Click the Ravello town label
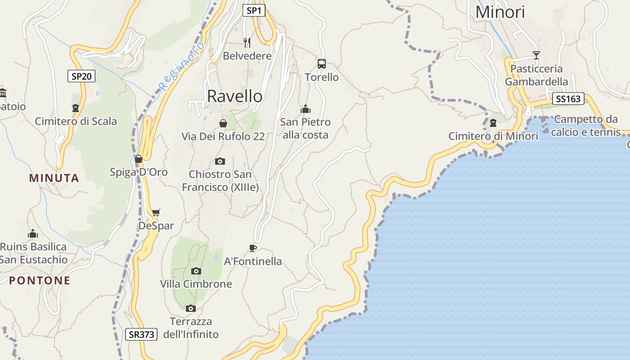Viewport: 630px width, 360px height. [234, 96]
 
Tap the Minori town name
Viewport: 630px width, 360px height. [500, 12]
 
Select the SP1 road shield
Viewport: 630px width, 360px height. [254, 10]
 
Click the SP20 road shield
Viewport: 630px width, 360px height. [81, 76]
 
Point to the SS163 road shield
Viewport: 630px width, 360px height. [568, 99]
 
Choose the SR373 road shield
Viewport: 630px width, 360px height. [141, 334]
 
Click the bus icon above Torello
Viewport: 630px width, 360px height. [321, 64]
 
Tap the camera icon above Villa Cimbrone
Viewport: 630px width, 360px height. [196, 271]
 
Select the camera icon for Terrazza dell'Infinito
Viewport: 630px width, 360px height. [191, 308]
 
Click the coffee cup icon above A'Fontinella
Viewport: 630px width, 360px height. [253, 248]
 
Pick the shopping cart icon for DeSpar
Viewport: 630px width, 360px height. [156, 212]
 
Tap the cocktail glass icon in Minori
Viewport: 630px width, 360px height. [536, 55]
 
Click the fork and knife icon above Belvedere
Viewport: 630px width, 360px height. [247, 43]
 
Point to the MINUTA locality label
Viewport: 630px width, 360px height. [54, 178]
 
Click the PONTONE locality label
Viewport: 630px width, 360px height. [40, 280]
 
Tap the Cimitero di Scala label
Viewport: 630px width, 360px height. [76, 121]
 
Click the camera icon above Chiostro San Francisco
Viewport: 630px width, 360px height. [220, 161]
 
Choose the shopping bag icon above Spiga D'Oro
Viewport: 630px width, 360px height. [139, 159]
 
